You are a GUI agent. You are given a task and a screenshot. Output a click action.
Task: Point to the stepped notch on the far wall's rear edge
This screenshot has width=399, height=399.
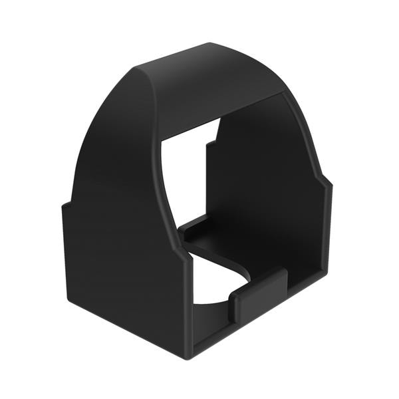(211, 141)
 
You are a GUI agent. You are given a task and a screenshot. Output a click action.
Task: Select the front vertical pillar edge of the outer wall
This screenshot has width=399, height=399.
(187, 299)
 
